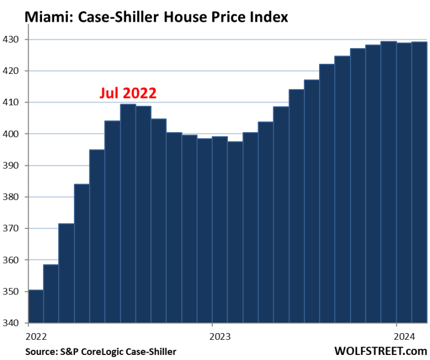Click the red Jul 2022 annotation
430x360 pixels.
coord(128,93)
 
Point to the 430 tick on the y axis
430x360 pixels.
coord(12,40)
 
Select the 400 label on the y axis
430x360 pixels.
coord(12,134)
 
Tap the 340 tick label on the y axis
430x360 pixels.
coord(12,323)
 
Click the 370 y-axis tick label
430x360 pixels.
coord(12,229)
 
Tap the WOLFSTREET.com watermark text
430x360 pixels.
coord(380,351)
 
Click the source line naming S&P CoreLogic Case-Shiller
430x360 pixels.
coord(101,352)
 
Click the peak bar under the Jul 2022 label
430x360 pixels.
coord(128,213)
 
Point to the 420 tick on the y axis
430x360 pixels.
coord(12,71)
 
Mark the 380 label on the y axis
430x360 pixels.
coord(12,197)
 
